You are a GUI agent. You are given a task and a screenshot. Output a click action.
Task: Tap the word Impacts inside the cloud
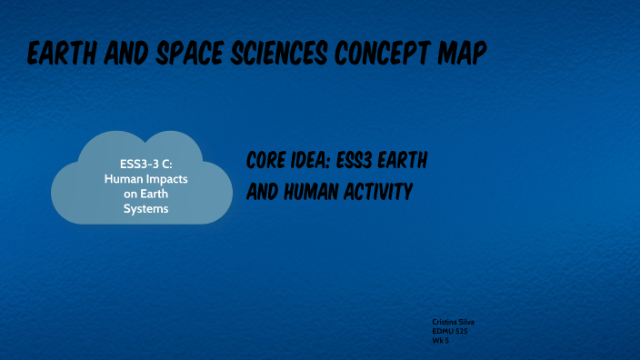coord(164,179)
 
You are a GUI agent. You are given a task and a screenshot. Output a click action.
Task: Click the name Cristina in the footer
coord(445,323)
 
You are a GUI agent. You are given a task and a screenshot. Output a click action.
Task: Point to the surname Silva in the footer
coord(467,323)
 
